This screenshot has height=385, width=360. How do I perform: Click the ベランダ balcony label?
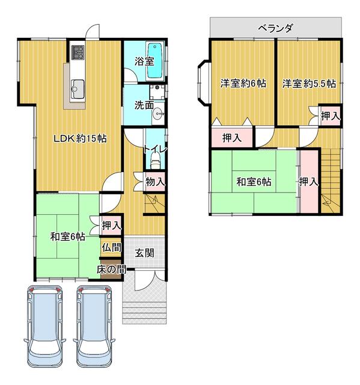(x=276, y=27)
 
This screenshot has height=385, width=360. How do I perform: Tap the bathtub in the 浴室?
(x=155, y=60)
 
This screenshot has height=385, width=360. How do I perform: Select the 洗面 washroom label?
(x=144, y=105)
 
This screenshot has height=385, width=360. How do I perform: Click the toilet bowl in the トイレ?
(x=155, y=161)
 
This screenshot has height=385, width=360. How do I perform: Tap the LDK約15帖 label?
(x=80, y=138)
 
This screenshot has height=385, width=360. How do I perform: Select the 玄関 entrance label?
(x=144, y=253)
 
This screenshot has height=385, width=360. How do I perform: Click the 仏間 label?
(x=111, y=247)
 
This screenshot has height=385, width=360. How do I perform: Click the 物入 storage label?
(x=155, y=181)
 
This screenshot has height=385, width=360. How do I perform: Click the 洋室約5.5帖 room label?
(x=309, y=84)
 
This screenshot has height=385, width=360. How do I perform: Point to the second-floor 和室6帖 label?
(x=253, y=181)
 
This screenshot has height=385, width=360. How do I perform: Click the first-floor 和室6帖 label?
(x=67, y=236)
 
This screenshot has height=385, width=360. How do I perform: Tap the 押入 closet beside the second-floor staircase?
(x=308, y=181)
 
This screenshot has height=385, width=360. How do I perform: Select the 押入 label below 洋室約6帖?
(x=232, y=138)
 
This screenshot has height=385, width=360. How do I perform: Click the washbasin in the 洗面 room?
(x=157, y=117)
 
